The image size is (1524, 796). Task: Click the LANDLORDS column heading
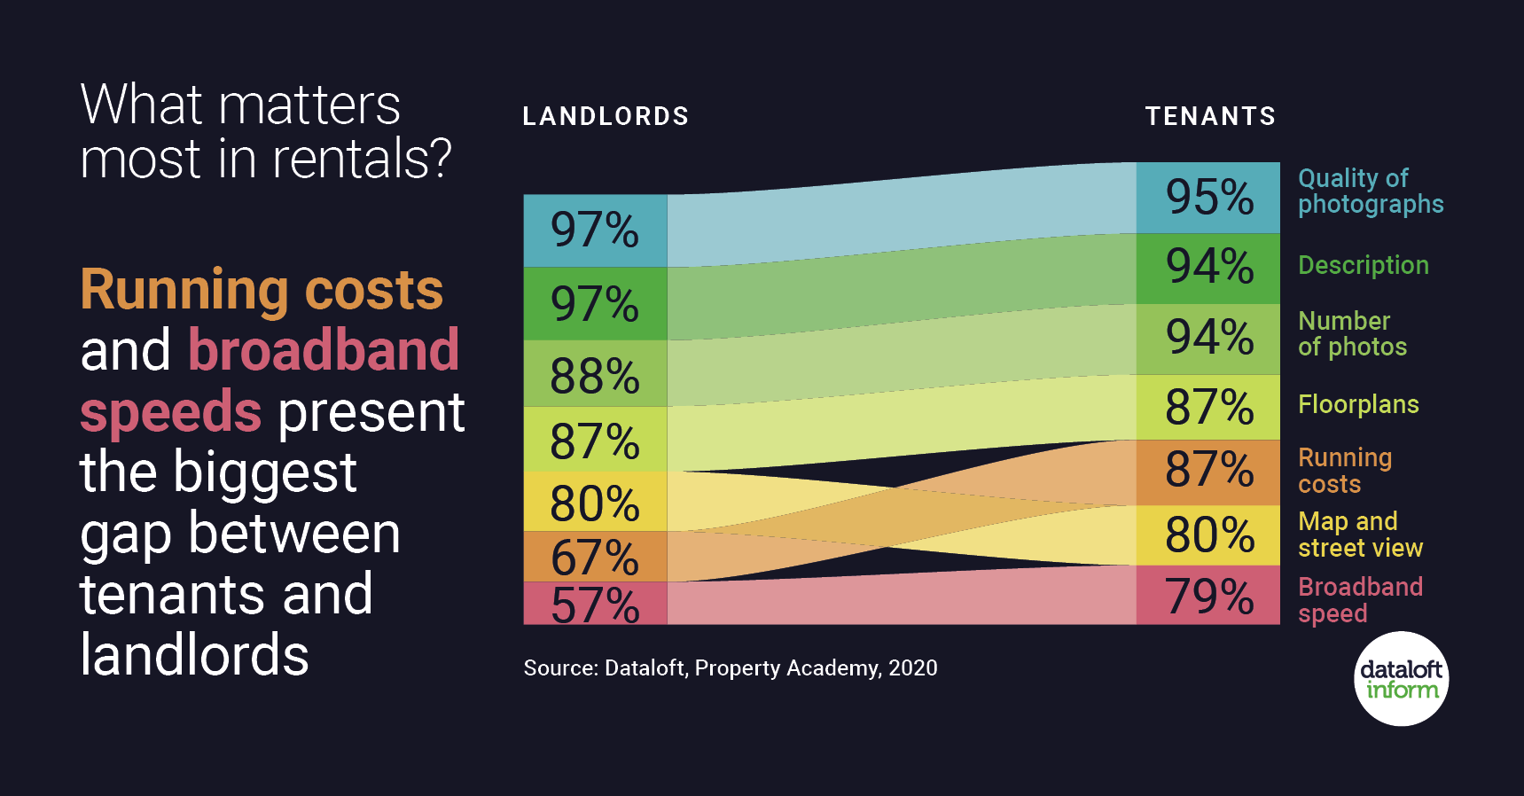(606, 116)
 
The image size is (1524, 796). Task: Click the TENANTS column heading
(1210, 116)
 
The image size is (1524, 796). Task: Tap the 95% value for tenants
(1208, 197)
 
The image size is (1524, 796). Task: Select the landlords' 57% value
(594, 605)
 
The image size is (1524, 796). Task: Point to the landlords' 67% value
(594, 558)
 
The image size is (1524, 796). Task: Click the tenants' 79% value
(1208, 596)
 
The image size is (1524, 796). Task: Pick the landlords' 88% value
(594, 375)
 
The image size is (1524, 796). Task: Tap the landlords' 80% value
(594, 503)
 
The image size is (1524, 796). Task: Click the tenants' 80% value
(1208, 535)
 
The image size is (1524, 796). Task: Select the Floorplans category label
(1357, 405)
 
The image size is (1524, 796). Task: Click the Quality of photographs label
(1370, 191)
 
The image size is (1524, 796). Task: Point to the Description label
(1363, 265)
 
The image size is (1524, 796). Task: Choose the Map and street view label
(1359, 534)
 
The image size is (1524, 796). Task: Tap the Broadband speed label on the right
(1359, 599)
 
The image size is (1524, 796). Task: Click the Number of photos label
(1352, 333)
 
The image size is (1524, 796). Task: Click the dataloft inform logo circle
(1401, 679)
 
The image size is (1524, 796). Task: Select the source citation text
(730, 667)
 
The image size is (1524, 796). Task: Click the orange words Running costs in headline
(262, 290)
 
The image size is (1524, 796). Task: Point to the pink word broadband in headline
(324, 350)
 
